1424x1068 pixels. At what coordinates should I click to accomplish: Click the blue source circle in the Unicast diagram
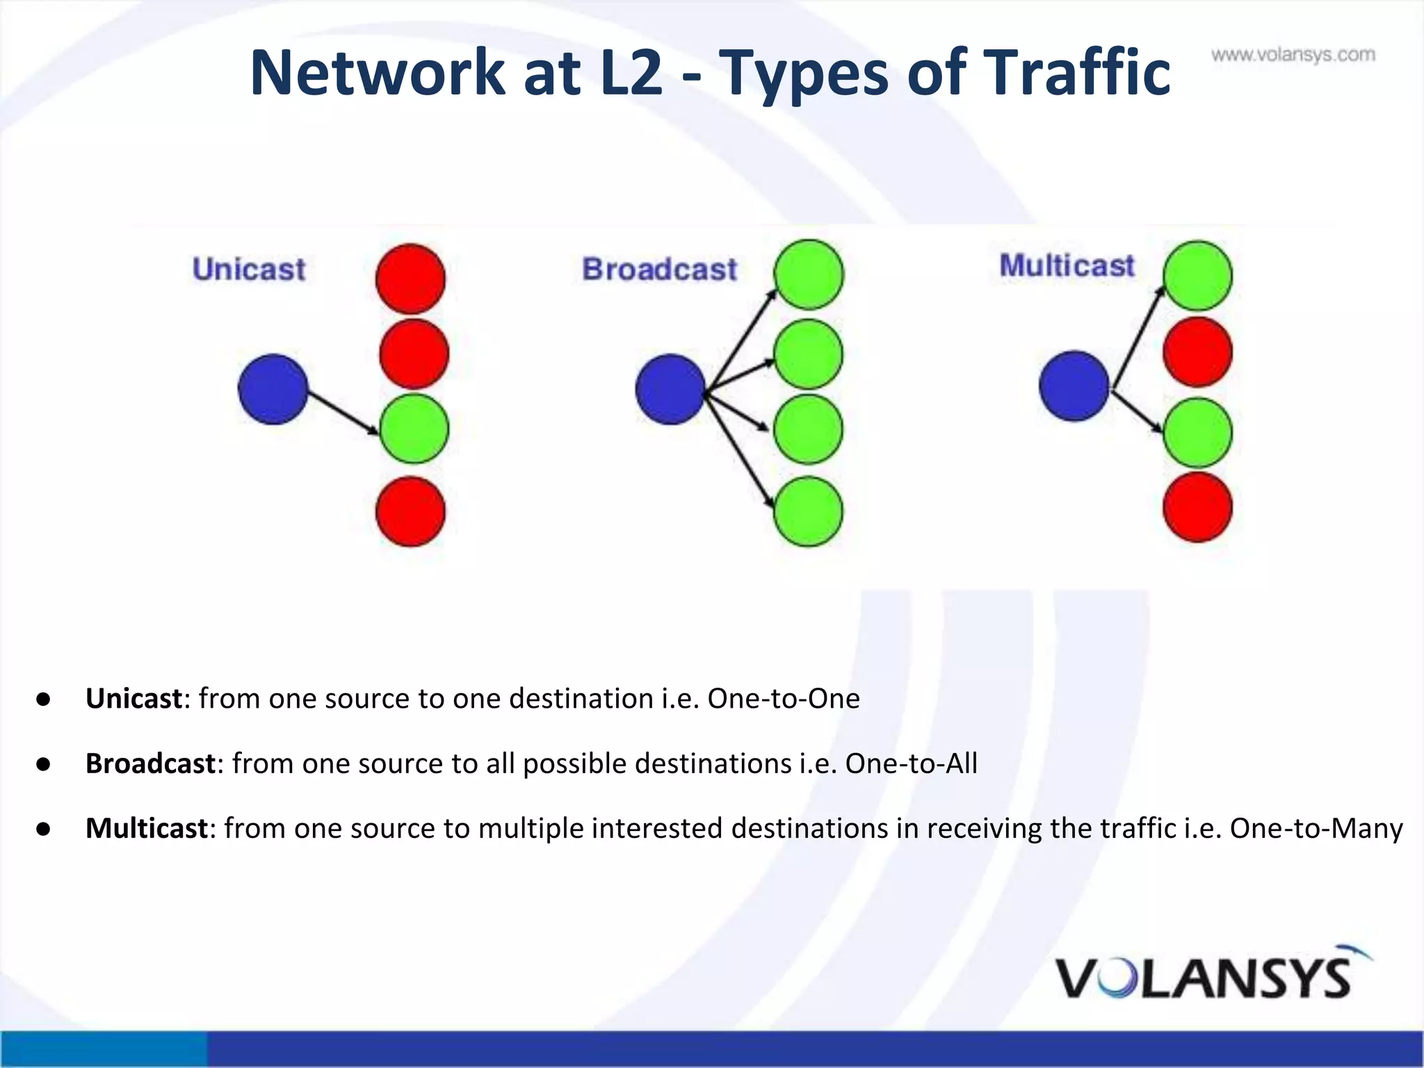pos(273,389)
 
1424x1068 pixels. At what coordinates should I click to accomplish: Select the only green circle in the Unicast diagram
pos(414,429)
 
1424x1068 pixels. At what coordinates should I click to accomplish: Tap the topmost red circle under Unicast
pos(410,278)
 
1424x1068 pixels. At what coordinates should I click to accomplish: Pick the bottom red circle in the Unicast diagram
pos(410,512)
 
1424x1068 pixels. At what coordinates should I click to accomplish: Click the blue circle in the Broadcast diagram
pos(670,389)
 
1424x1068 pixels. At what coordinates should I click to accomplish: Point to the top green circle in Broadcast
pos(809,275)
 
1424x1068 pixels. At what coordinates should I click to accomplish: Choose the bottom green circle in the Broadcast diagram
pos(808,512)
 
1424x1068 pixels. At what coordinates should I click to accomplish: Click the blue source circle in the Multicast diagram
pos(1074,386)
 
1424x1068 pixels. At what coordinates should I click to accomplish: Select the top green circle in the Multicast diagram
pos(1197,276)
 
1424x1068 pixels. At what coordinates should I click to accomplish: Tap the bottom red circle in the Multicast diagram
pos(1197,507)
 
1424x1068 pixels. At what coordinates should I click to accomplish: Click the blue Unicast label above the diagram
pos(249,269)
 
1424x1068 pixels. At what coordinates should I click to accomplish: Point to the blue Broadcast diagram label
pos(659,269)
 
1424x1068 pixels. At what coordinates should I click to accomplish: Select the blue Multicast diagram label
pos(1067,266)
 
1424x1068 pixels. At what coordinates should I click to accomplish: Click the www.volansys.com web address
pos(1293,55)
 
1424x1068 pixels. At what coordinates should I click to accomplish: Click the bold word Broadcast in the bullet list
pos(150,763)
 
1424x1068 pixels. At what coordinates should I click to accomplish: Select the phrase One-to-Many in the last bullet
pos(1316,828)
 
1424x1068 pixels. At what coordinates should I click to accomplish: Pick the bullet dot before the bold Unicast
pos(44,699)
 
